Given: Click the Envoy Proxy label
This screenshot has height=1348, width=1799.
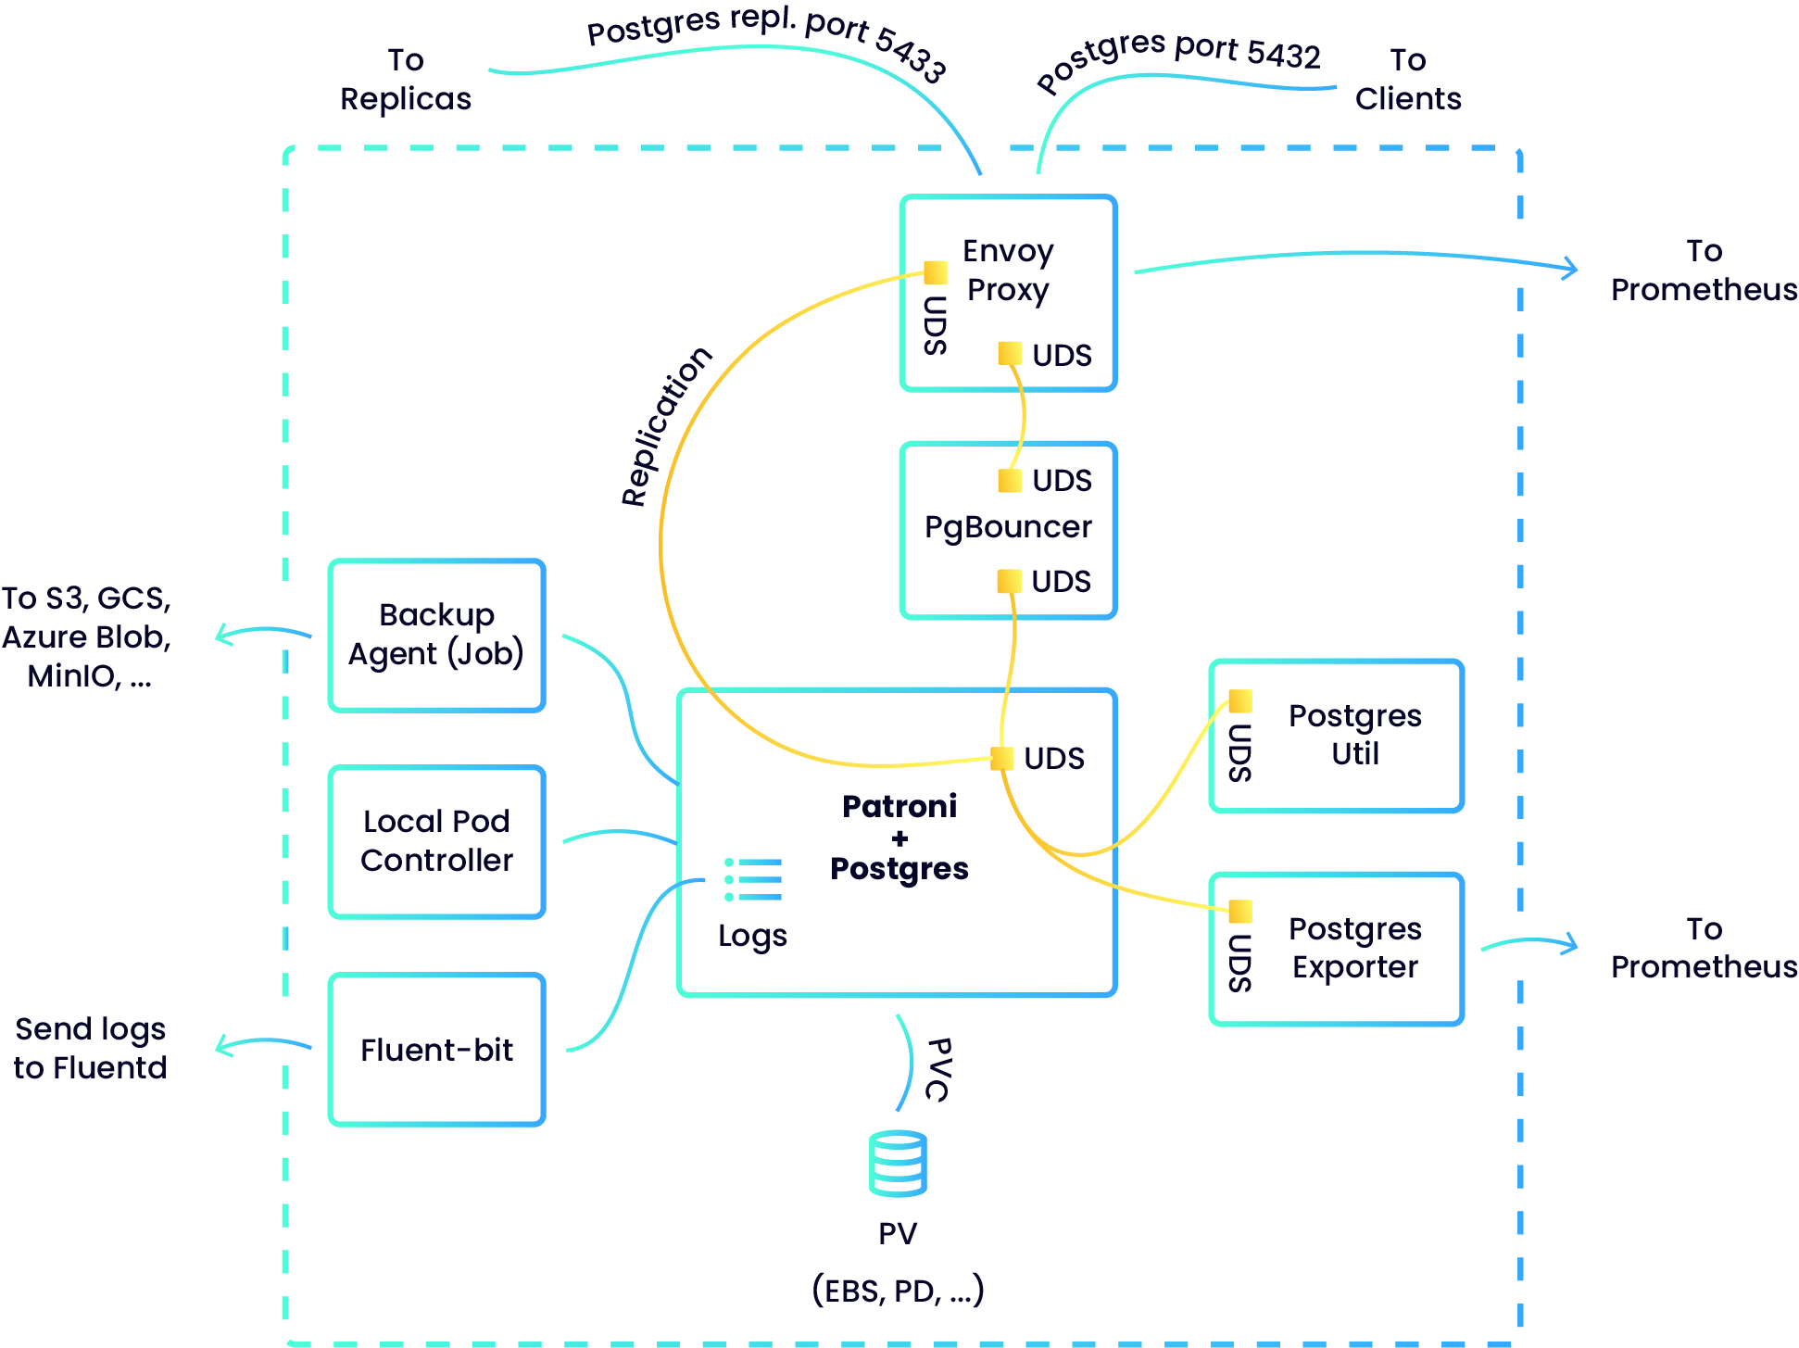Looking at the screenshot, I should [x=1008, y=270].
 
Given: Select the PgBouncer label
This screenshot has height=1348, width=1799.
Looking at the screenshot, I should [x=1008, y=527].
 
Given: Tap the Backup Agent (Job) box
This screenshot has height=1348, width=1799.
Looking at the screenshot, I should [x=436, y=636].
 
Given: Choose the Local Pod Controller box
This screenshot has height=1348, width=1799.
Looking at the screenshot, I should [x=436, y=841].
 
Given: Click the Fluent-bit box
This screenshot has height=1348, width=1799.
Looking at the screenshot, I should [x=436, y=1050].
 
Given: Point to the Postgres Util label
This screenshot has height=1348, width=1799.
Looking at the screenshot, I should [x=1354, y=734].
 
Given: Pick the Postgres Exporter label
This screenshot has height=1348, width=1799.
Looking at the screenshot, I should [x=1354, y=947].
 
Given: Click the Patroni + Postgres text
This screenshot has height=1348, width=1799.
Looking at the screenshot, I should [x=899, y=838].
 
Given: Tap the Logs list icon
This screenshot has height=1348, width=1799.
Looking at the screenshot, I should [x=753, y=879].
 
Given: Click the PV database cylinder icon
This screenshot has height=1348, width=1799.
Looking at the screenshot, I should [x=898, y=1164].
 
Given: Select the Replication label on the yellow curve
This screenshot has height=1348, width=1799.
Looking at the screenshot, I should [x=665, y=426].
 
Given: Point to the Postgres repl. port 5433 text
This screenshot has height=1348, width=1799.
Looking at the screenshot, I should [x=767, y=37].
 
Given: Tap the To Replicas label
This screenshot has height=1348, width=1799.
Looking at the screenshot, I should [x=406, y=80].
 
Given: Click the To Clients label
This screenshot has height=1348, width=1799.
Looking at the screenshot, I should [x=1407, y=80].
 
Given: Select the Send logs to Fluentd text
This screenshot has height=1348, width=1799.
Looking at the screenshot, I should [x=91, y=1048].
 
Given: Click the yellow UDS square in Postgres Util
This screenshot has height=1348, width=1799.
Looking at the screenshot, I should [x=1239, y=700].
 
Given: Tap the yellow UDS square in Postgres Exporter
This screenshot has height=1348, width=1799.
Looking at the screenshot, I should [x=1239, y=912].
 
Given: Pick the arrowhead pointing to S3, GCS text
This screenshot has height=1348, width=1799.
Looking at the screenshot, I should [x=220, y=636].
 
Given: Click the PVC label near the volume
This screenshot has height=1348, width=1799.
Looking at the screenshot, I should [x=938, y=1069].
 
